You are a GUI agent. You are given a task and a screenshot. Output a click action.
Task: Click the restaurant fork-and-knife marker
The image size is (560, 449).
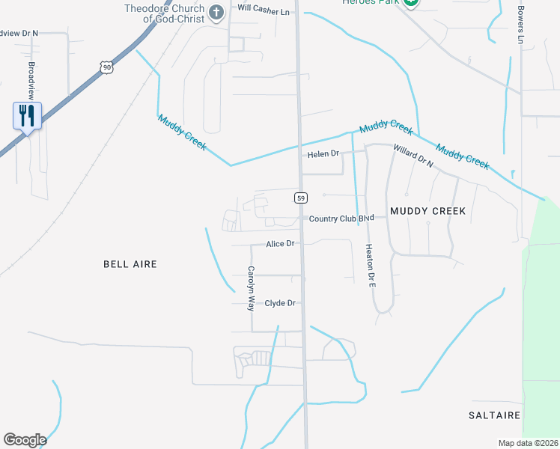coord(27,116)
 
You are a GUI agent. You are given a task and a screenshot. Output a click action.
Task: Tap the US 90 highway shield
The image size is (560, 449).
coord(108,67)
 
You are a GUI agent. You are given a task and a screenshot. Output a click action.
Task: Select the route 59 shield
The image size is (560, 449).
coord(301,198)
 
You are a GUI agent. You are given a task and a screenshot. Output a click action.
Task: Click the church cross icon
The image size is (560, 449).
coord(216,11)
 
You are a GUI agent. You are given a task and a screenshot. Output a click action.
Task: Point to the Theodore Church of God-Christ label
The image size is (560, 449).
coord(165,13)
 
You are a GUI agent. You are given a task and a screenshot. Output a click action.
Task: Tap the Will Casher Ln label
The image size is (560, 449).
coord(263,11)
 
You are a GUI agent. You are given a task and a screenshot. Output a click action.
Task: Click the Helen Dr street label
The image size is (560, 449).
coord(323,154)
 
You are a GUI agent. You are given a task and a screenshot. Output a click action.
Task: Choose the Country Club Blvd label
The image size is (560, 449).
coord(341,219)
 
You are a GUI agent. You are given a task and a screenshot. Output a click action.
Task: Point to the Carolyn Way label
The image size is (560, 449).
coord(252,288)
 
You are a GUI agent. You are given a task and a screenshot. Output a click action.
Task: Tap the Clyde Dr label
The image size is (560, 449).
coord(281,303)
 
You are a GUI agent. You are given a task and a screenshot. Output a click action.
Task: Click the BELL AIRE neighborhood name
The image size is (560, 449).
coord(130,264)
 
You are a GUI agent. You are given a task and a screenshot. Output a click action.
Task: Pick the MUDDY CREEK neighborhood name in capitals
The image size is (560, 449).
coord(427,211)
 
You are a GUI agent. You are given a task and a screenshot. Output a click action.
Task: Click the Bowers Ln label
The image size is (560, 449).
coord(520,24)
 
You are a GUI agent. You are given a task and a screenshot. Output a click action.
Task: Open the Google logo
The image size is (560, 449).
coord(25,440)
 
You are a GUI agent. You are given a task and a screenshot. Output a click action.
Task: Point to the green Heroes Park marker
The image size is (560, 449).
coord(410,3)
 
